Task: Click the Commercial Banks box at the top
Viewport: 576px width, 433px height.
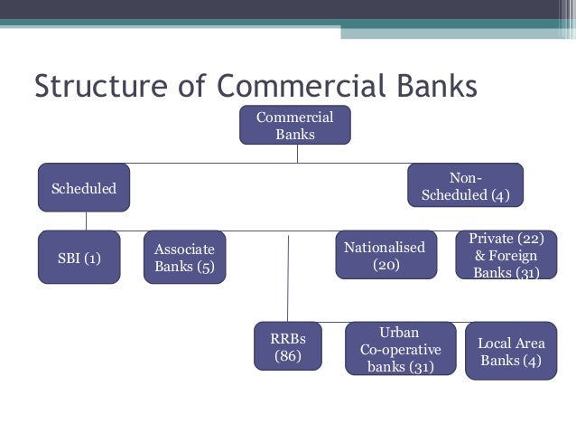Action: tap(294, 125)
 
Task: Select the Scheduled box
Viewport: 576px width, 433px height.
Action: tap(83, 188)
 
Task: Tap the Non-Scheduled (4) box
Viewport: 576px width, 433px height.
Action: tap(465, 185)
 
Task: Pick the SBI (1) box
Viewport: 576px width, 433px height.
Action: tap(79, 258)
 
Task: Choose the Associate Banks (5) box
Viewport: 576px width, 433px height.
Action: tap(184, 258)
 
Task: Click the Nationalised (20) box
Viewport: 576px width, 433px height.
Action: tap(386, 255)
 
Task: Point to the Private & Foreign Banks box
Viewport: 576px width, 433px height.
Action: tap(506, 255)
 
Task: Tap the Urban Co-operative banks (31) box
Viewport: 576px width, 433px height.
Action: tap(400, 348)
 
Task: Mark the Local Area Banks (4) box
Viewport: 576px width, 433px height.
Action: tap(511, 352)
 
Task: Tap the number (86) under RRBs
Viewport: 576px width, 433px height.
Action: tap(288, 357)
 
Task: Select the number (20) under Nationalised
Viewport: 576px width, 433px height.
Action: tap(386, 266)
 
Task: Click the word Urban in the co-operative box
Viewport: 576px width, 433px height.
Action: tap(399, 332)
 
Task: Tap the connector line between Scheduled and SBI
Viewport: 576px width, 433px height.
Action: tap(86, 221)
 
